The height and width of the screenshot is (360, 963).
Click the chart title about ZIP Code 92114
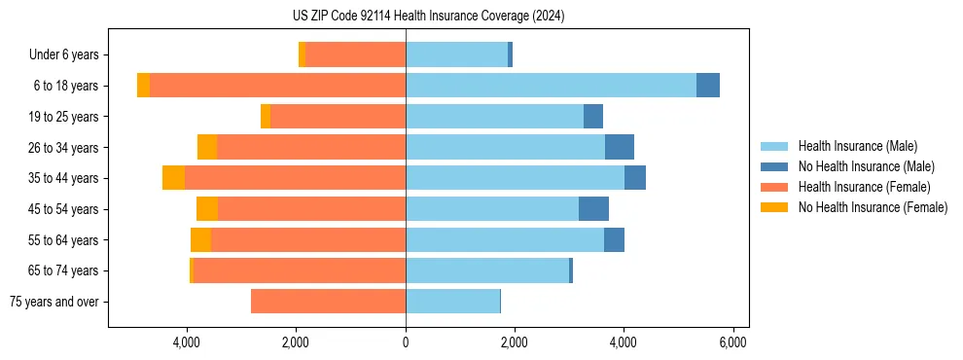coord(428,17)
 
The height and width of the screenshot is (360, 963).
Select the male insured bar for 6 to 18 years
coord(551,86)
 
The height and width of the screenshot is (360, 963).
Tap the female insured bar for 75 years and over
coord(328,302)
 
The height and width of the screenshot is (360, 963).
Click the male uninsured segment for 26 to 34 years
coord(620,147)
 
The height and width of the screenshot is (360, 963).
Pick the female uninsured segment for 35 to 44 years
coord(173,178)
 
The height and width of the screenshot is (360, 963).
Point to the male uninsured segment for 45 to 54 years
coord(593,209)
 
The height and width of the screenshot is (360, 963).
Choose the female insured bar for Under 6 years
coord(355,54)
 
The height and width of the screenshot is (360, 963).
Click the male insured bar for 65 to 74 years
coord(487,270)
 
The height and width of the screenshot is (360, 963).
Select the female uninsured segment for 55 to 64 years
coord(200,240)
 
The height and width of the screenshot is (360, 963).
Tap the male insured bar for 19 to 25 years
coord(494,117)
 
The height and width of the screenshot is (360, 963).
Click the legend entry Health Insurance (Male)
coord(857,146)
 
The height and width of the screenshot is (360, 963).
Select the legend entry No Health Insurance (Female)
coord(873,207)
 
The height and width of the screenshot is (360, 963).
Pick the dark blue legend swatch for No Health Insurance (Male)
coord(774,166)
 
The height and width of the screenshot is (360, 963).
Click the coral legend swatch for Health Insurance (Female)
coord(774,187)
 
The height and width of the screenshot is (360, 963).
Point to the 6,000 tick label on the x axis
coord(732,342)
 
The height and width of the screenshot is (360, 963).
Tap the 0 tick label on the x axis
coord(406,342)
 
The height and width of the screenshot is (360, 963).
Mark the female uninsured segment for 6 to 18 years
coord(143,86)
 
